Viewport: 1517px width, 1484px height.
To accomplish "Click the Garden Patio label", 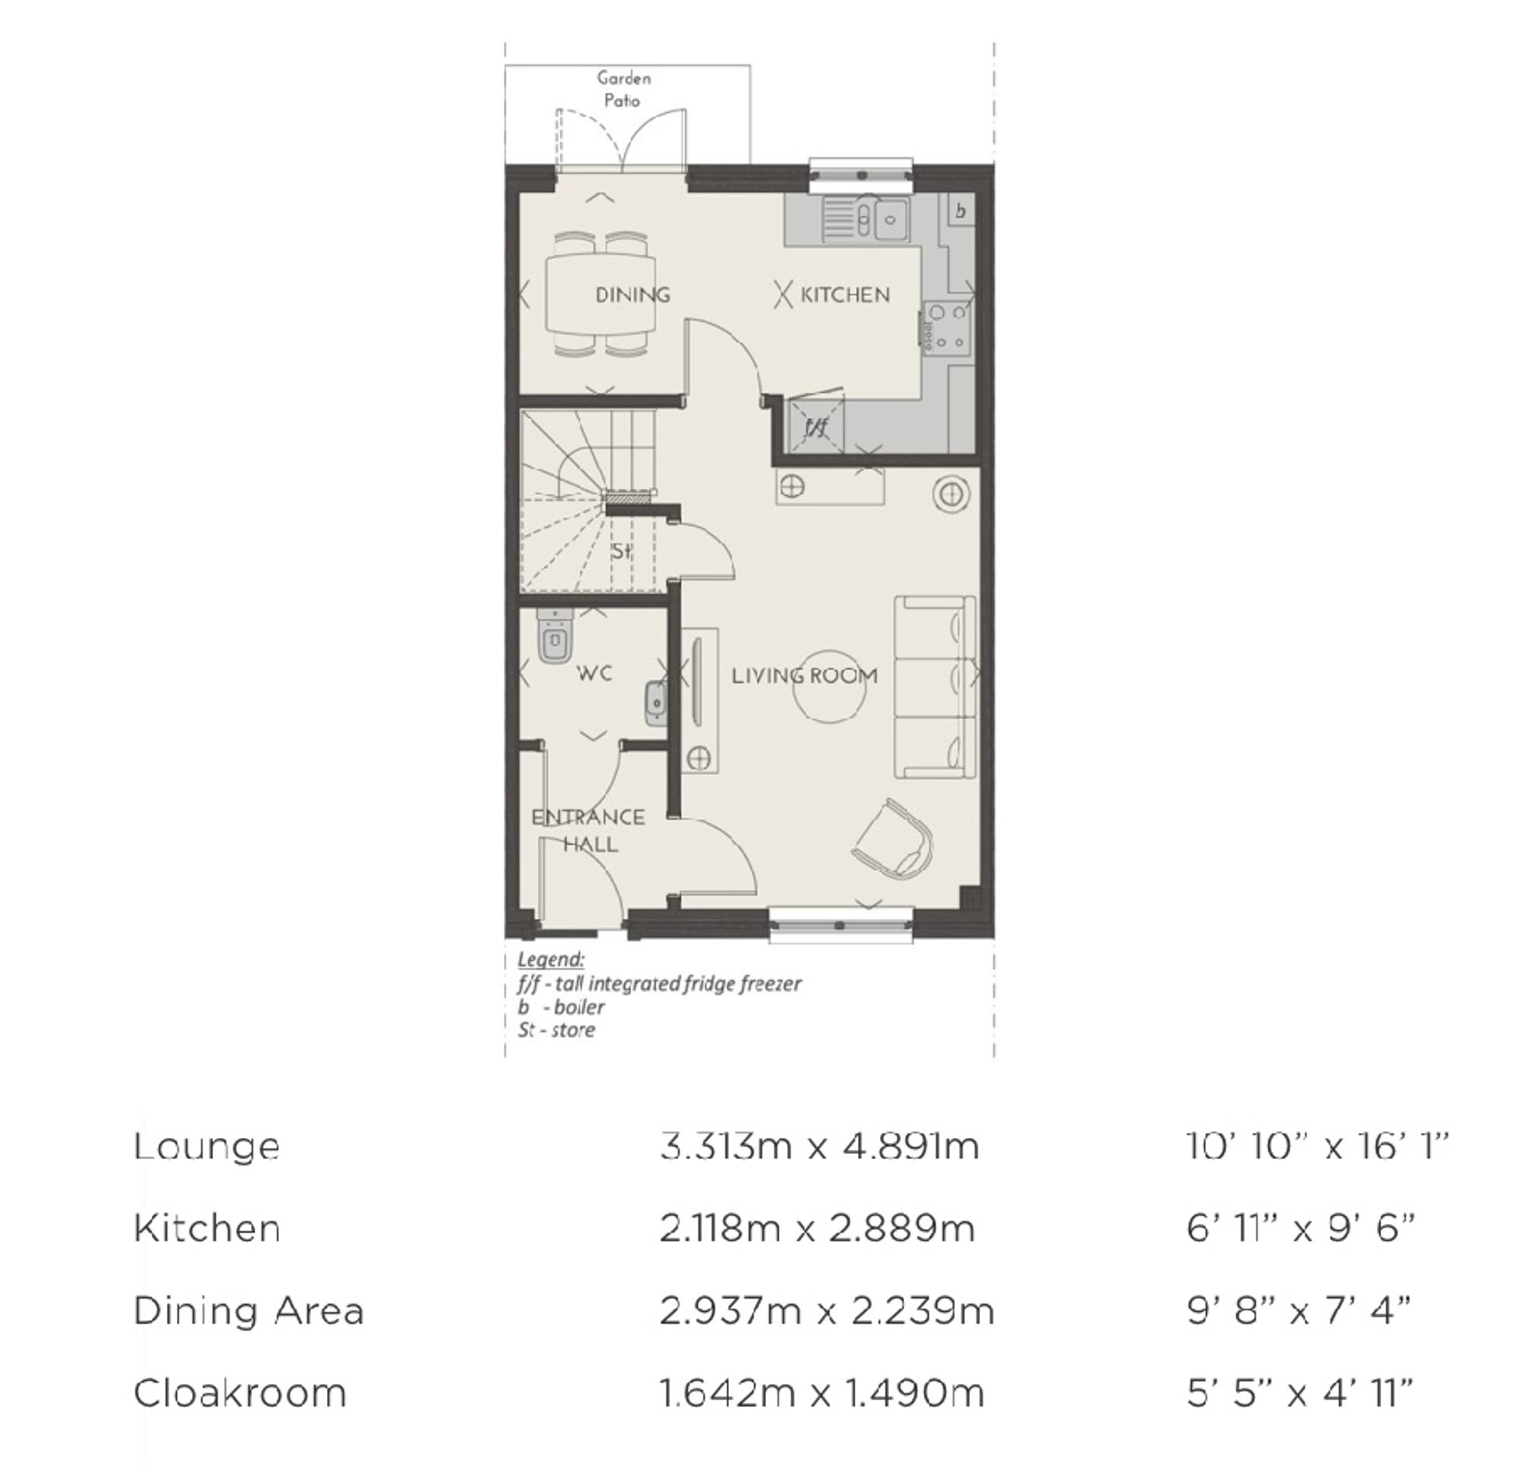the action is click(x=623, y=89).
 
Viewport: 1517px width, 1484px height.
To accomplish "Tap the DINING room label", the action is click(x=632, y=294).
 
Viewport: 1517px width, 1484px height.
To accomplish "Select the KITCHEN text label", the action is click(x=845, y=294).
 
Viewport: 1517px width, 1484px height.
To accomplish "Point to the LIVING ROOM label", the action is click(x=804, y=675).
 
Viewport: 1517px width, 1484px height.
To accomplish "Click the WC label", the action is click(x=594, y=673).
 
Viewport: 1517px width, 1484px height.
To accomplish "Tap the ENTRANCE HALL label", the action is click(x=589, y=830).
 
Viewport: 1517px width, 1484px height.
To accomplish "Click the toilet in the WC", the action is click(x=555, y=636).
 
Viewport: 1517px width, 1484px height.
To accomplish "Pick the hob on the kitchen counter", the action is click(x=949, y=327).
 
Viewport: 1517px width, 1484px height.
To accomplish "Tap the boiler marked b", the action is click(x=961, y=210).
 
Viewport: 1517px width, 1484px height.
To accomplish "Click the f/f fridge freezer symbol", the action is click(x=816, y=425).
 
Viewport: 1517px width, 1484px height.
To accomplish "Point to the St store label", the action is click(x=620, y=551).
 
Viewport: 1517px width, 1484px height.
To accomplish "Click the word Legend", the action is click(x=550, y=959).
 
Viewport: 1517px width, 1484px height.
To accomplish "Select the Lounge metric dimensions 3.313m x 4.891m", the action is click(x=819, y=1146).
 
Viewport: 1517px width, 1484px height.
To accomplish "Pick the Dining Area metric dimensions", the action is click(x=827, y=1310).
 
